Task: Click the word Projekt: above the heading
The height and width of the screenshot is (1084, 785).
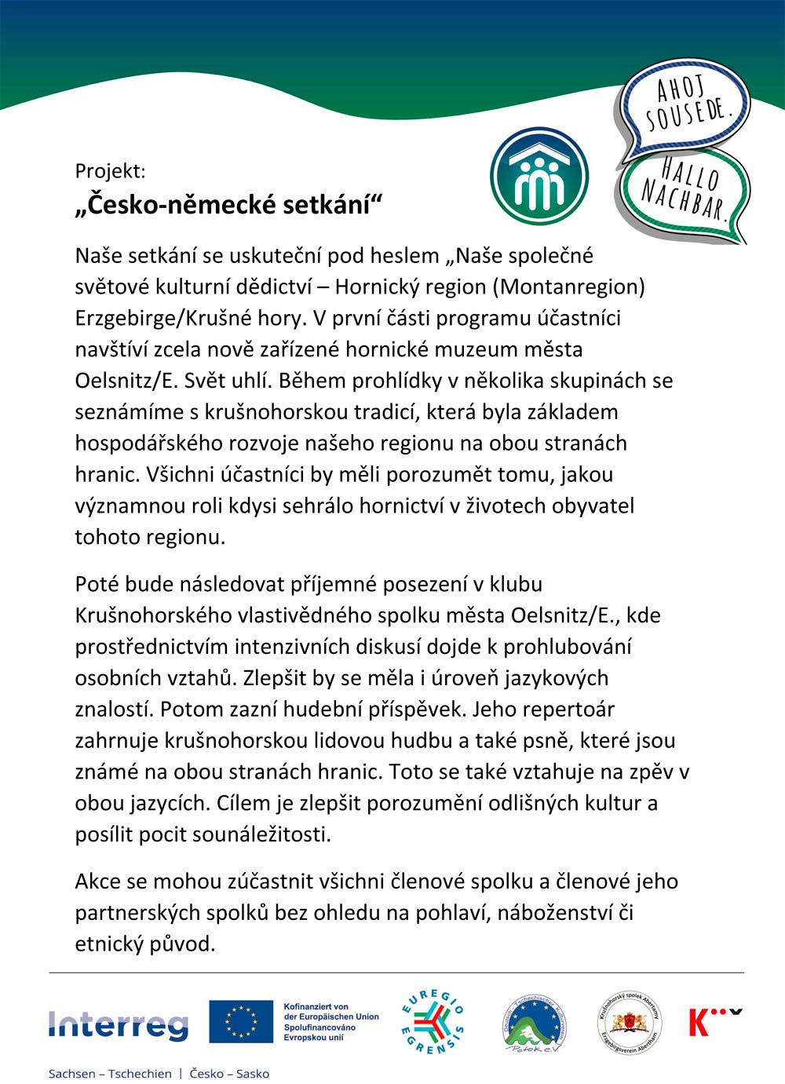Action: pos(110,170)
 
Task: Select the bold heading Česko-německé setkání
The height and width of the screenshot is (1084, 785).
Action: pos(228,204)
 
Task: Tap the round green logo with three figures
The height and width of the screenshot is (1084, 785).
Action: pos(539,177)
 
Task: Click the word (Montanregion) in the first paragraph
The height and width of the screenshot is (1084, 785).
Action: pos(569,287)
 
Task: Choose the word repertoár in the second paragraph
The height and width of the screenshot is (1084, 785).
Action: pos(568,710)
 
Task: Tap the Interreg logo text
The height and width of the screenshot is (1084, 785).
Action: pos(119,1024)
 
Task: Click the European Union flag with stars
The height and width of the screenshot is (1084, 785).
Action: pos(240,1021)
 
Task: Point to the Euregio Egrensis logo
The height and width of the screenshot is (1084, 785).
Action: pos(433,1021)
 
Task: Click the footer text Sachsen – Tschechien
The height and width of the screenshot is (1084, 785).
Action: pos(110,1074)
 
